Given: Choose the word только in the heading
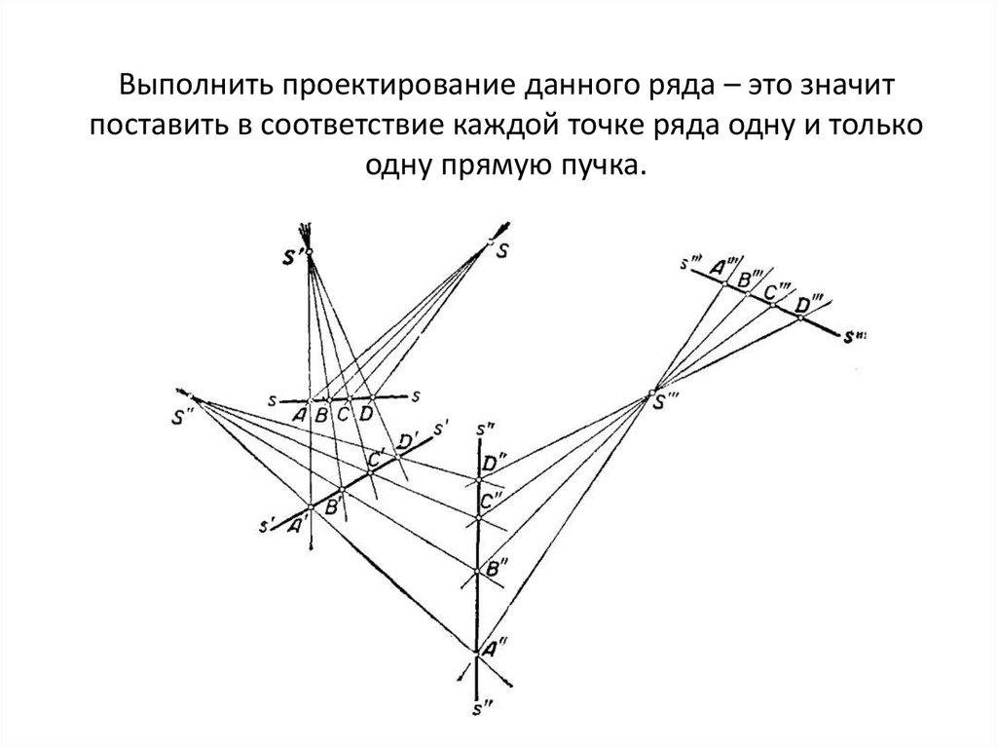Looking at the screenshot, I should pos(875,128).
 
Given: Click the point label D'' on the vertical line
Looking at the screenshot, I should pos(498,460).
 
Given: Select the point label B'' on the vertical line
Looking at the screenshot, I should pos(495,568).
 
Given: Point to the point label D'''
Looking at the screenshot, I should pos(808,303).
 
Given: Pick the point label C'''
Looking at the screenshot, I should pos(777,290).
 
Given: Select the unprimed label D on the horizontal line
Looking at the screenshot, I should pos(366,414).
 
